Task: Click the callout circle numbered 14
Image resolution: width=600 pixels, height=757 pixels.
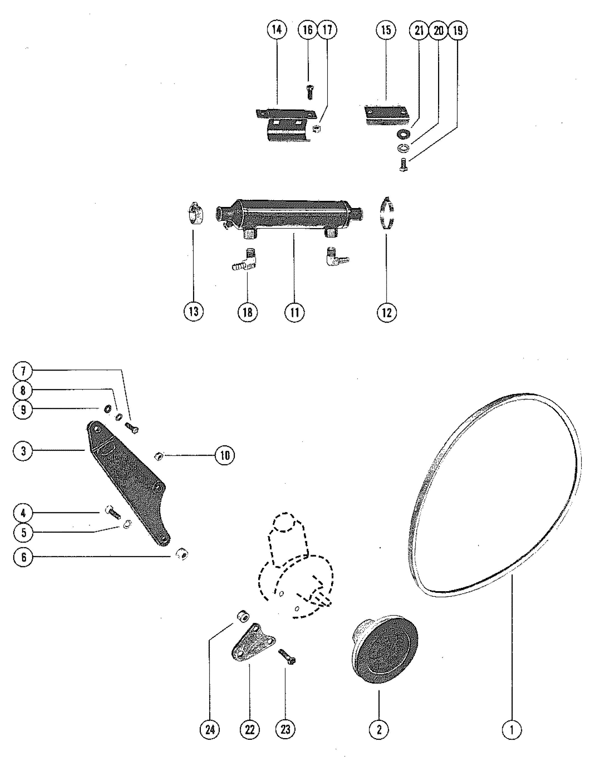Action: click(277, 30)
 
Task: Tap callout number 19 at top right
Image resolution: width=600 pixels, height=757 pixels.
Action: click(458, 31)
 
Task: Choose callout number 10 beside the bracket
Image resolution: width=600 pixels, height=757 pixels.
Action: click(225, 455)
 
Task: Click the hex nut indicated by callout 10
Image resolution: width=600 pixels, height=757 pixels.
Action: click(159, 456)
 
